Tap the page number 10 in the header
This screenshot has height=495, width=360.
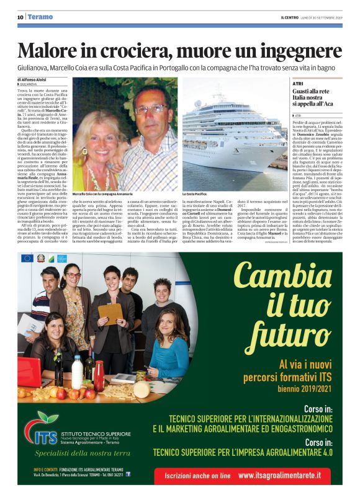(x=20, y=17)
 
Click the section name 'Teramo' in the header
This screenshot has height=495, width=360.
(x=42, y=17)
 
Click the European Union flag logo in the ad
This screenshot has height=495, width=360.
(x=27, y=258)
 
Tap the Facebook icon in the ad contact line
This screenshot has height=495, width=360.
(x=128, y=473)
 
